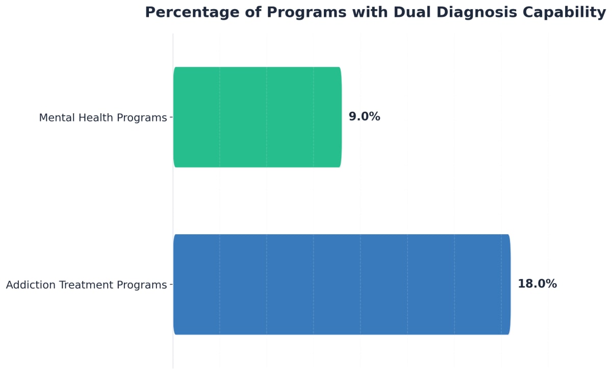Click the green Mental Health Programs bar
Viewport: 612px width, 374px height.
coord(257,117)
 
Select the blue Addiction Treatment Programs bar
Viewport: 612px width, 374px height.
coord(341,284)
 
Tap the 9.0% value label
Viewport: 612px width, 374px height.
coord(364,117)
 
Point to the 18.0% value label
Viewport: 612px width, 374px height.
coord(537,284)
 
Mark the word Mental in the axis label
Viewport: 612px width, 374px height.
coord(55,118)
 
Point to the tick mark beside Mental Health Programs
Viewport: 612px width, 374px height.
coord(171,117)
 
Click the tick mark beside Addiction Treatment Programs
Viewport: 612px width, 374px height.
coord(171,284)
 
